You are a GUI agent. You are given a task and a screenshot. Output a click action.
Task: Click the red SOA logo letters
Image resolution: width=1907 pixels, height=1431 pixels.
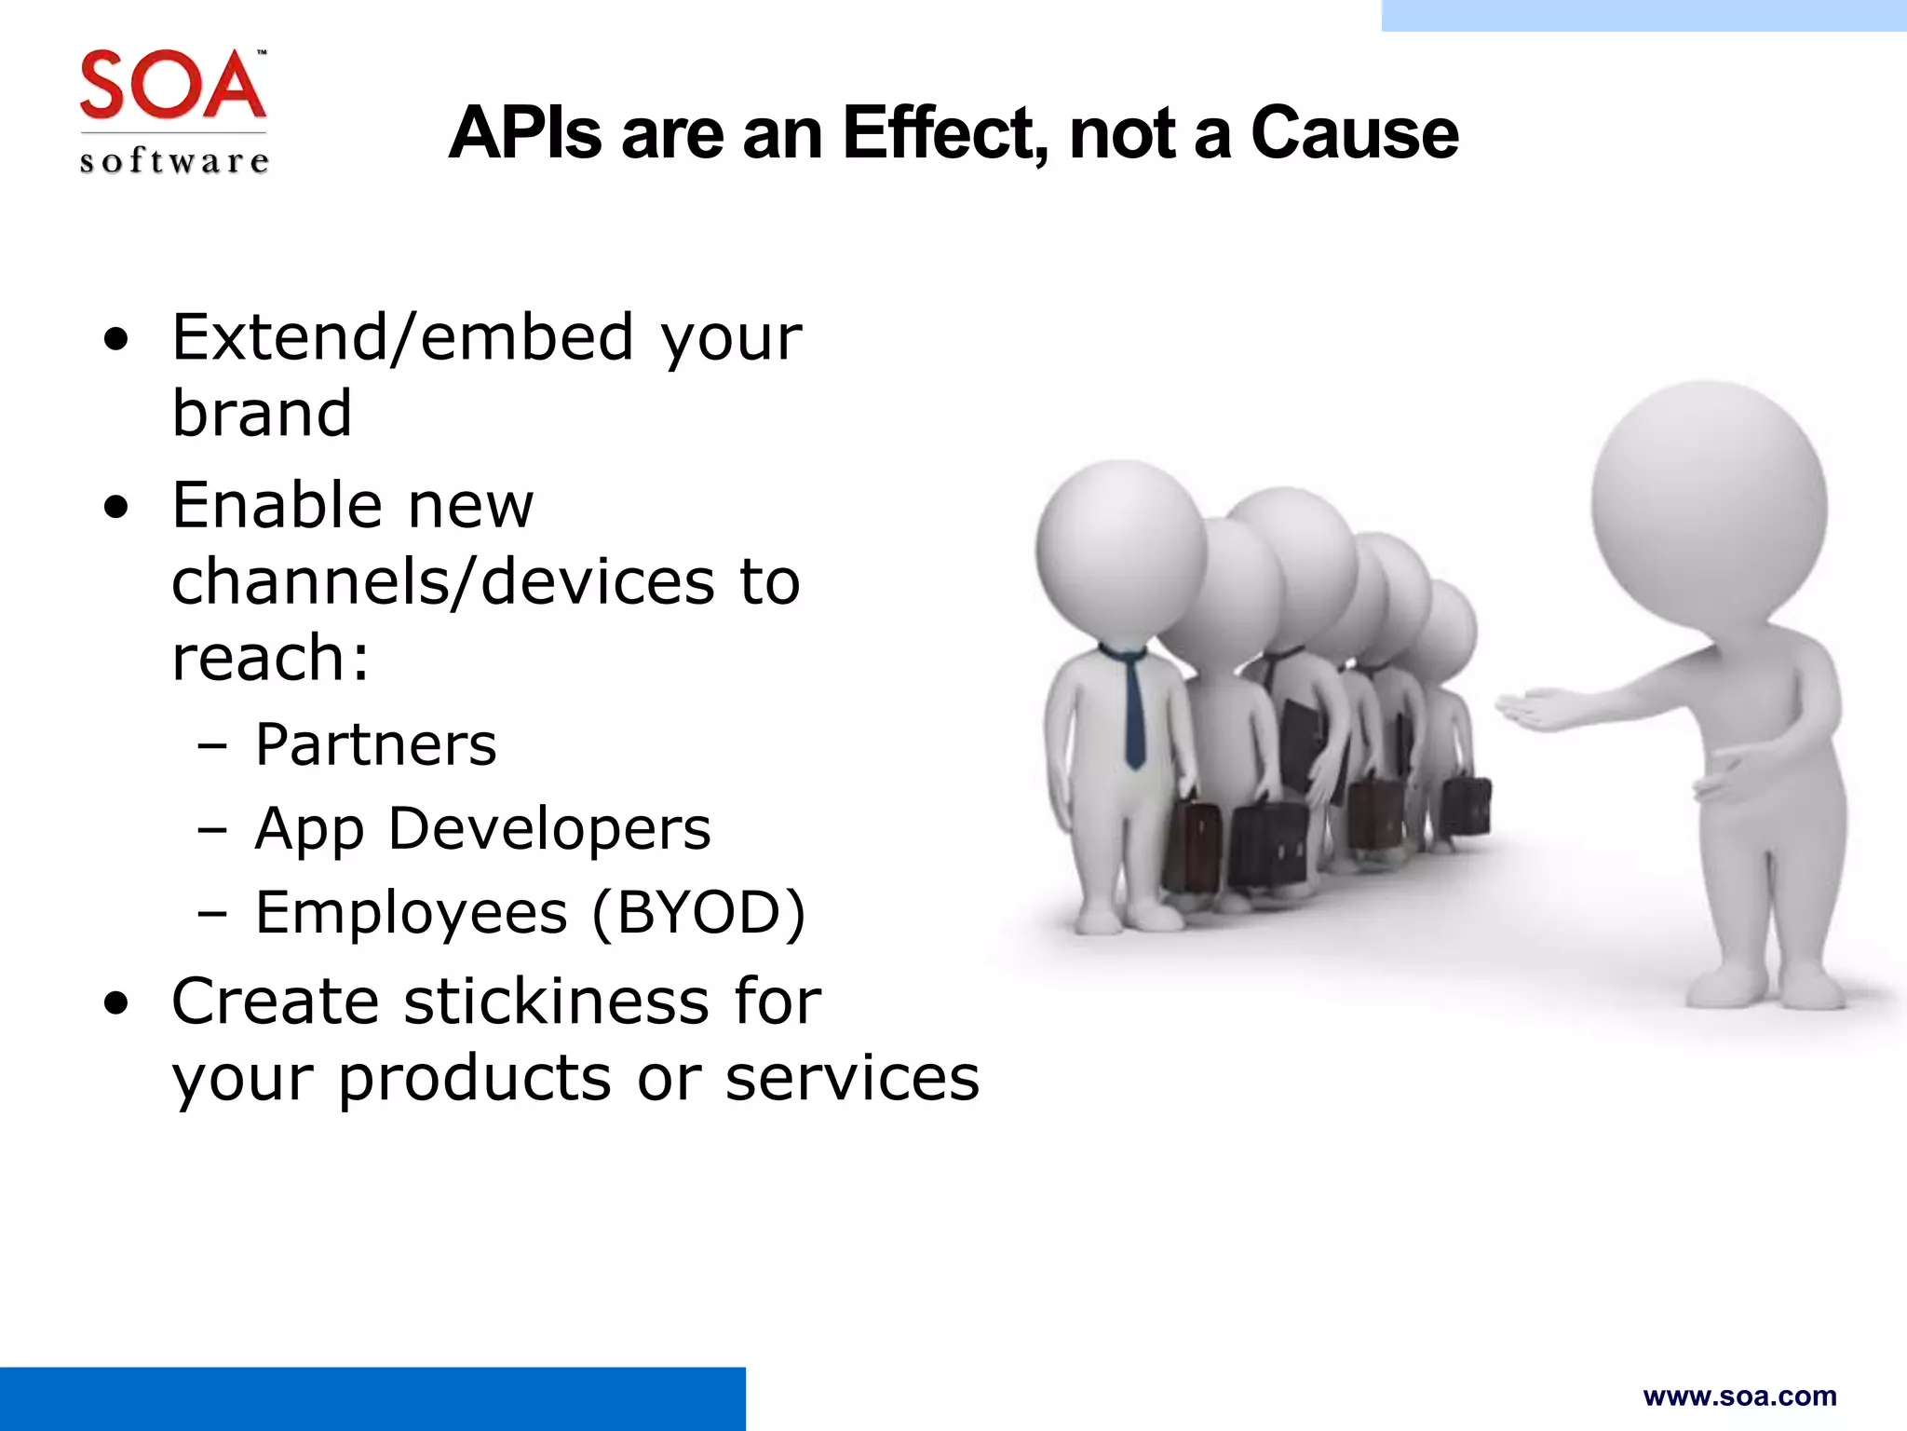173,86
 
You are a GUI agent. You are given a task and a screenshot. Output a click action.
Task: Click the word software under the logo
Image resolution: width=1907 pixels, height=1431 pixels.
174,161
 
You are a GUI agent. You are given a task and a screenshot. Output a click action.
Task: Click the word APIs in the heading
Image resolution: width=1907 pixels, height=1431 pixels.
525,133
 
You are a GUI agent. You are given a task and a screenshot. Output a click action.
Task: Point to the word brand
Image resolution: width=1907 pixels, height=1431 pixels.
263,413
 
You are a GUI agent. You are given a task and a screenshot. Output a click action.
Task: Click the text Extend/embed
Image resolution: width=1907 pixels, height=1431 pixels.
403,336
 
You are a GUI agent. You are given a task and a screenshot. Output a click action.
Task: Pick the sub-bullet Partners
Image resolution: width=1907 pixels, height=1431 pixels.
376,744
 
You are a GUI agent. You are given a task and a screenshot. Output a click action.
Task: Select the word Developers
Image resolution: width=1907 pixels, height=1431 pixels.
549,828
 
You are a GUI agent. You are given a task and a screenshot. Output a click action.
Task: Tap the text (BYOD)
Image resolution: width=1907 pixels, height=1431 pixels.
698,912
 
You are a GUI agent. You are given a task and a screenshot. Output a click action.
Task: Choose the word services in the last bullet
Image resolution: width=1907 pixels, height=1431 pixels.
852,1078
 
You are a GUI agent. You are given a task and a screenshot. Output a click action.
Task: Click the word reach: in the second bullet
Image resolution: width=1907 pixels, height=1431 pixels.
270,658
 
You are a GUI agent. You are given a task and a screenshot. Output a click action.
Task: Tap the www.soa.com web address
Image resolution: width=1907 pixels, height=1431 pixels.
1739,1397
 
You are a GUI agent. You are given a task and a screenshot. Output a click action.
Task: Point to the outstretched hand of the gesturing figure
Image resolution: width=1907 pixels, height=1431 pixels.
1536,710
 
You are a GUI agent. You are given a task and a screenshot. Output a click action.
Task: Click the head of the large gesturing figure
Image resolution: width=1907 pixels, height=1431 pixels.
1709,508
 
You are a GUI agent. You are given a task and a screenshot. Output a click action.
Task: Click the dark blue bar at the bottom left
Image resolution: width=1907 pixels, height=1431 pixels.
372,1398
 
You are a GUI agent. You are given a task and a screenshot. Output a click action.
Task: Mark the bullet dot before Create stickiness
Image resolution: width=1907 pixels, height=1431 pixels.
116,1003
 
